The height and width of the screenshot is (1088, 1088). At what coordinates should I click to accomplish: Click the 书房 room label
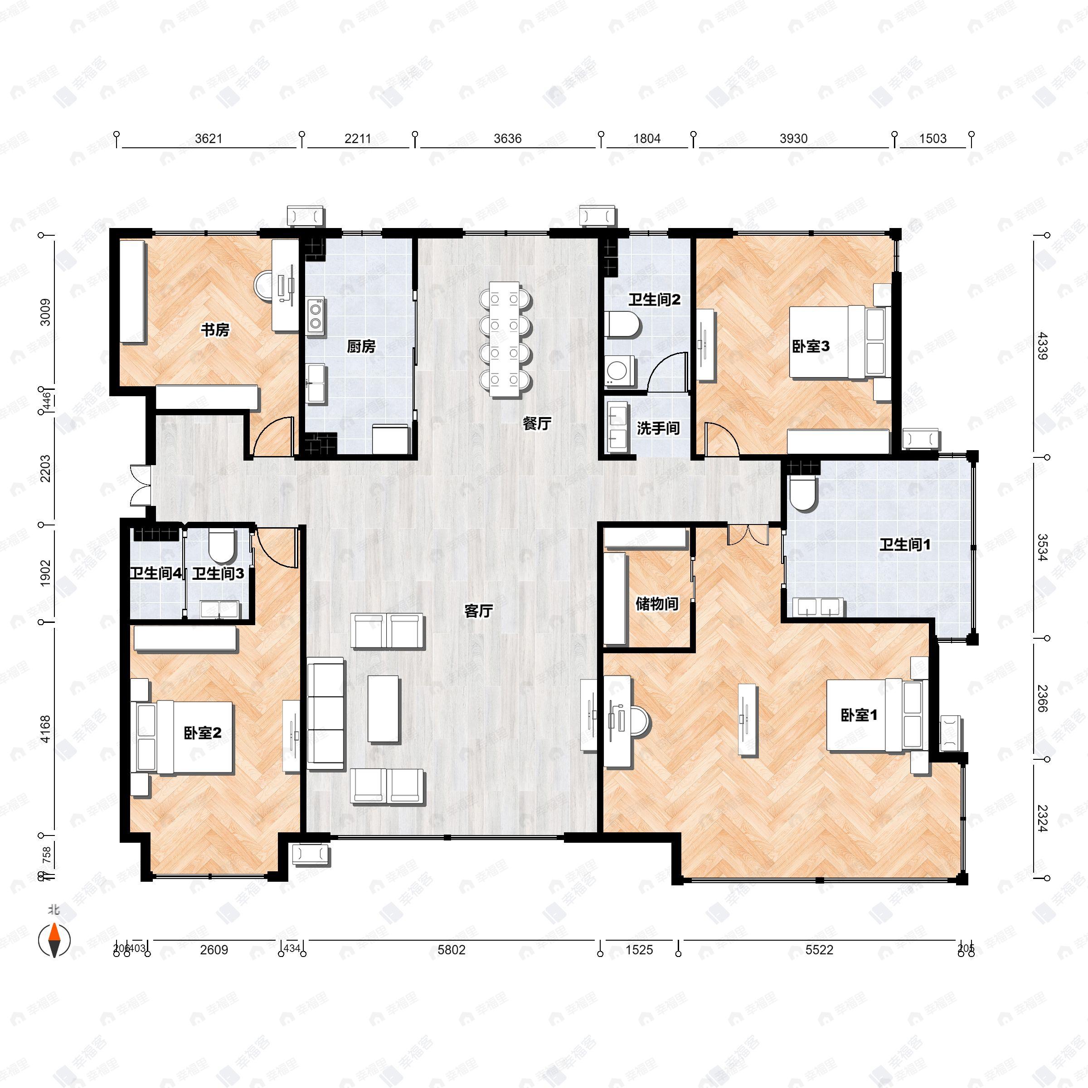pos(215,330)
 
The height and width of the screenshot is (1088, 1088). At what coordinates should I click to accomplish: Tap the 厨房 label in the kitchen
pos(360,346)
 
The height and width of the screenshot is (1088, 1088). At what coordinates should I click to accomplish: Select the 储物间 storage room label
pos(656,604)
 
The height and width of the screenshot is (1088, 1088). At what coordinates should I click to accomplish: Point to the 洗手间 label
pos(658,428)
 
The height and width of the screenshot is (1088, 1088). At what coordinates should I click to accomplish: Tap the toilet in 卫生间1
pos(802,494)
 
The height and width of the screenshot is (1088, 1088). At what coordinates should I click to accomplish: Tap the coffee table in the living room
pos(384,709)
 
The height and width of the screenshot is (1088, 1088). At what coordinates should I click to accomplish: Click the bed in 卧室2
pos(184,737)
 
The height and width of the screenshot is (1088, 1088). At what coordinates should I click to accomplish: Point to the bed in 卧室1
pos(876,715)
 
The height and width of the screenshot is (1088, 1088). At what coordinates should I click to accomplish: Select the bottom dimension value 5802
pos(451,949)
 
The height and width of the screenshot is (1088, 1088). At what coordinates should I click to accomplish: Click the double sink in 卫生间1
pos(818,607)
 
